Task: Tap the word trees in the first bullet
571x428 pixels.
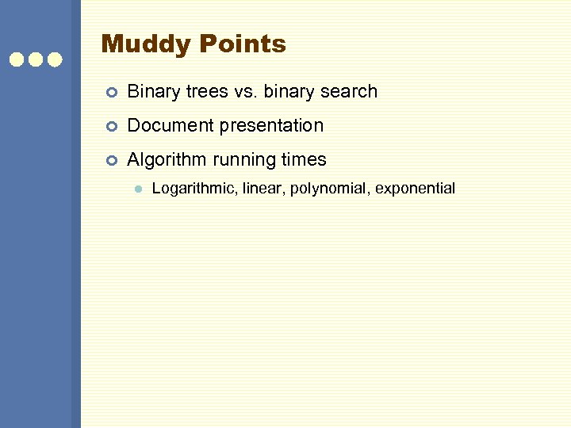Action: [205, 92]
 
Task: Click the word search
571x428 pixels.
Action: [347, 92]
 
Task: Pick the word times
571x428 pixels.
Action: [304, 160]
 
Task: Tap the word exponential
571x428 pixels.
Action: [416, 189]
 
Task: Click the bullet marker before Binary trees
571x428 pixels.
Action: [112, 93]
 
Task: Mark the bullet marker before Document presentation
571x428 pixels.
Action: [112, 127]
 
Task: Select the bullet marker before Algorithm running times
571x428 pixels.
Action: [112, 161]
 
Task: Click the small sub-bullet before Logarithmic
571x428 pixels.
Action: [137, 189]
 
